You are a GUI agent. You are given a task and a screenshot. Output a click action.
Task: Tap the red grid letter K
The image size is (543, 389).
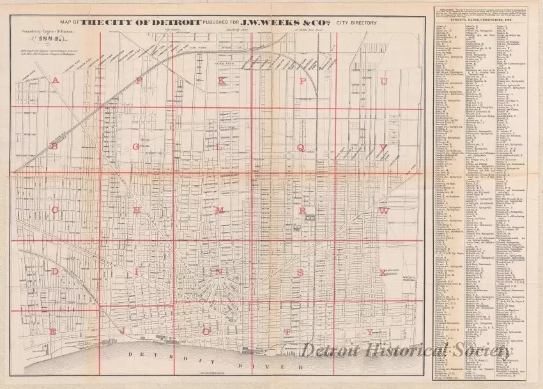[x=222, y=80]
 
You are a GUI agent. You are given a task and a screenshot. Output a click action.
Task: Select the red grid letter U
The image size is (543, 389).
[x=385, y=81]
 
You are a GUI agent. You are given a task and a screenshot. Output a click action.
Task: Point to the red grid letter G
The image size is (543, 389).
[x=135, y=146]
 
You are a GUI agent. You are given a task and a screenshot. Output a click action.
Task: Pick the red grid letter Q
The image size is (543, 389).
[x=299, y=146]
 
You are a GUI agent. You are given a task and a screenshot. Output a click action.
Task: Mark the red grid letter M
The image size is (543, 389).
[x=219, y=210]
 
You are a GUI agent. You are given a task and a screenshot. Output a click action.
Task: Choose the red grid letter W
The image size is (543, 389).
[x=385, y=210]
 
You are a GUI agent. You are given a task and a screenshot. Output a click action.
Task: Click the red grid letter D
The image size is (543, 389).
[x=56, y=271]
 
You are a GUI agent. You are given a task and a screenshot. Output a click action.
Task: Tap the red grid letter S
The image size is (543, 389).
[x=299, y=271]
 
